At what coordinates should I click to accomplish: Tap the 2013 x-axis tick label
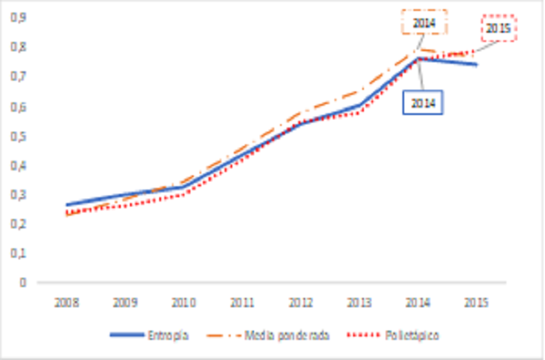[x=359, y=300]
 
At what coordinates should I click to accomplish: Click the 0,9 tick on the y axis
[x=17, y=17]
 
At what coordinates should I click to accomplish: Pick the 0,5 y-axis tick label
[x=17, y=136]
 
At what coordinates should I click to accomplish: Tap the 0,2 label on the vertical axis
[x=17, y=224]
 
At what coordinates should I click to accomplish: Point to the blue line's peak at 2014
[x=418, y=58]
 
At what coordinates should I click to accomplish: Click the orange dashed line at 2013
[x=359, y=91]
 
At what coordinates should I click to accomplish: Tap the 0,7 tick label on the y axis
[x=17, y=76]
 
